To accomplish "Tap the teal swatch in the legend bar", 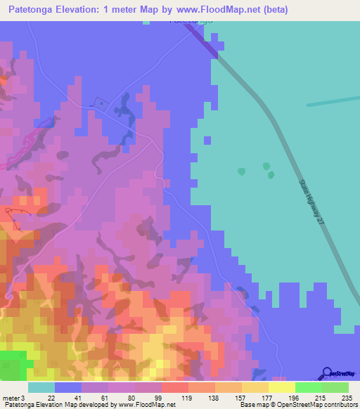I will tap(41, 387).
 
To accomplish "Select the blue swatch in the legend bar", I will tap(68, 387).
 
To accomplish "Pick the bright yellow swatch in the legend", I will tap(281, 387).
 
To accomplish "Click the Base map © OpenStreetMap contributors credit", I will tap(297, 405).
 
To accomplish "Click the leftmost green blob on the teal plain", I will tap(242, 171).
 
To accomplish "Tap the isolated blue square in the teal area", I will tap(207, 140).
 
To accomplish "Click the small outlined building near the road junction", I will tap(101, 105).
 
